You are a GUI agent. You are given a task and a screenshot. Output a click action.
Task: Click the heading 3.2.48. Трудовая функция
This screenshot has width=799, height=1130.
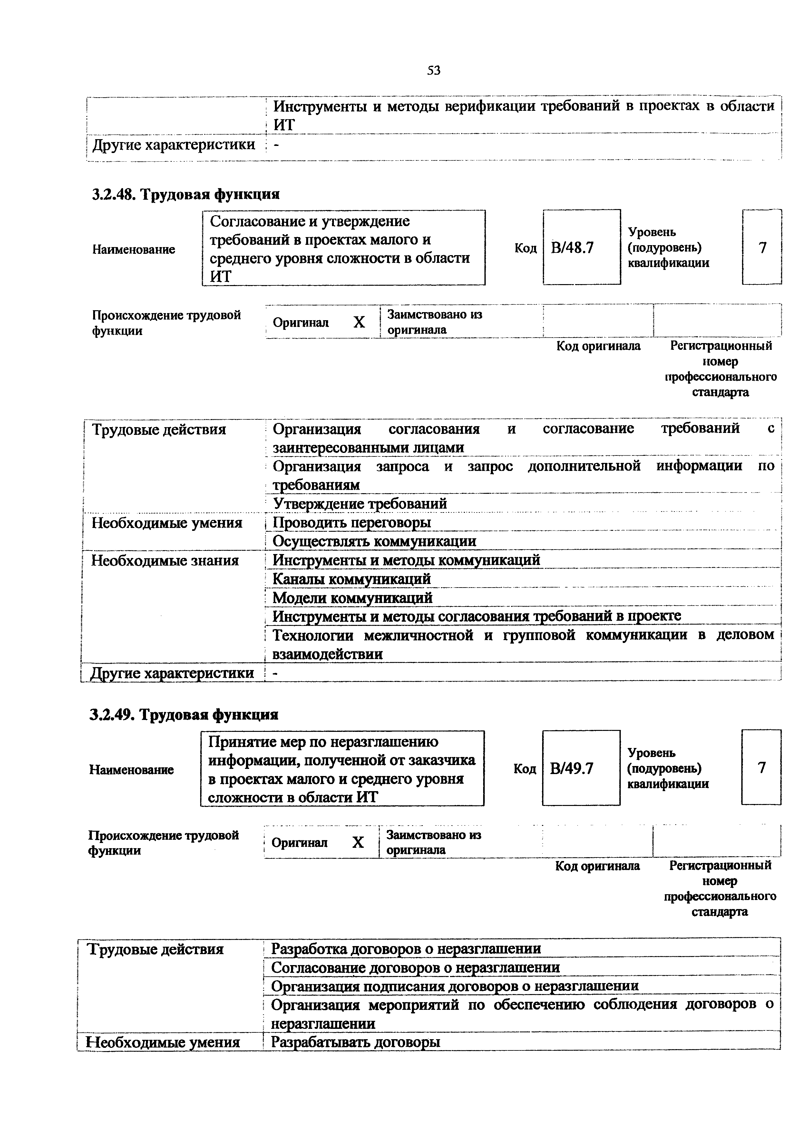(x=186, y=195)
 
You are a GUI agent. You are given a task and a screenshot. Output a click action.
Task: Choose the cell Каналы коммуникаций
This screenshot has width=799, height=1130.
(x=352, y=579)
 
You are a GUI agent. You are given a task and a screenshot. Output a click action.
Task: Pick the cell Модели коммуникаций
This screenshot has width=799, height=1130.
(x=353, y=598)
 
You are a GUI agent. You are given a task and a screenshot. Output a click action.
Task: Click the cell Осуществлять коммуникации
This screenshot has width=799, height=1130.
(x=374, y=541)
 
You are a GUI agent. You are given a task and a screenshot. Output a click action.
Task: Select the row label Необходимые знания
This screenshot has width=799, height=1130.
(x=165, y=560)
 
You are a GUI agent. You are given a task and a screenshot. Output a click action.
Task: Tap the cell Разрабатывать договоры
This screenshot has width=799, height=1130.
(x=356, y=1042)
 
